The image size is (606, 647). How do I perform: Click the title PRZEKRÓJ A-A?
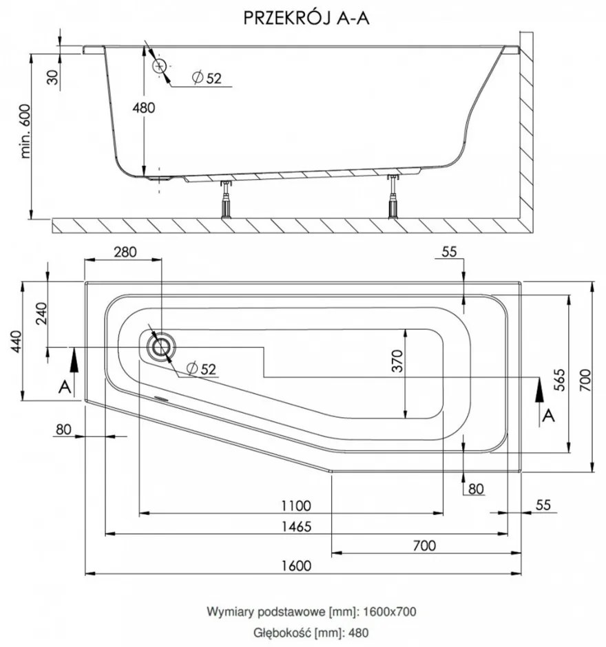[306, 19]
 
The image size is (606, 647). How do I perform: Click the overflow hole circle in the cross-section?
[160, 66]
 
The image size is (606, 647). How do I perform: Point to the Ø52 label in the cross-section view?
[207, 78]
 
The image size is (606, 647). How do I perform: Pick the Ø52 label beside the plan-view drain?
[202, 370]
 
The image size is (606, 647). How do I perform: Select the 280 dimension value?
[125, 252]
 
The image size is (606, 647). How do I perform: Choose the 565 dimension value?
[560, 381]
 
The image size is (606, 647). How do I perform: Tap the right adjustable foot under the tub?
[393, 198]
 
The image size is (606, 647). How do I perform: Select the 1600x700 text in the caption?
[388, 611]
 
